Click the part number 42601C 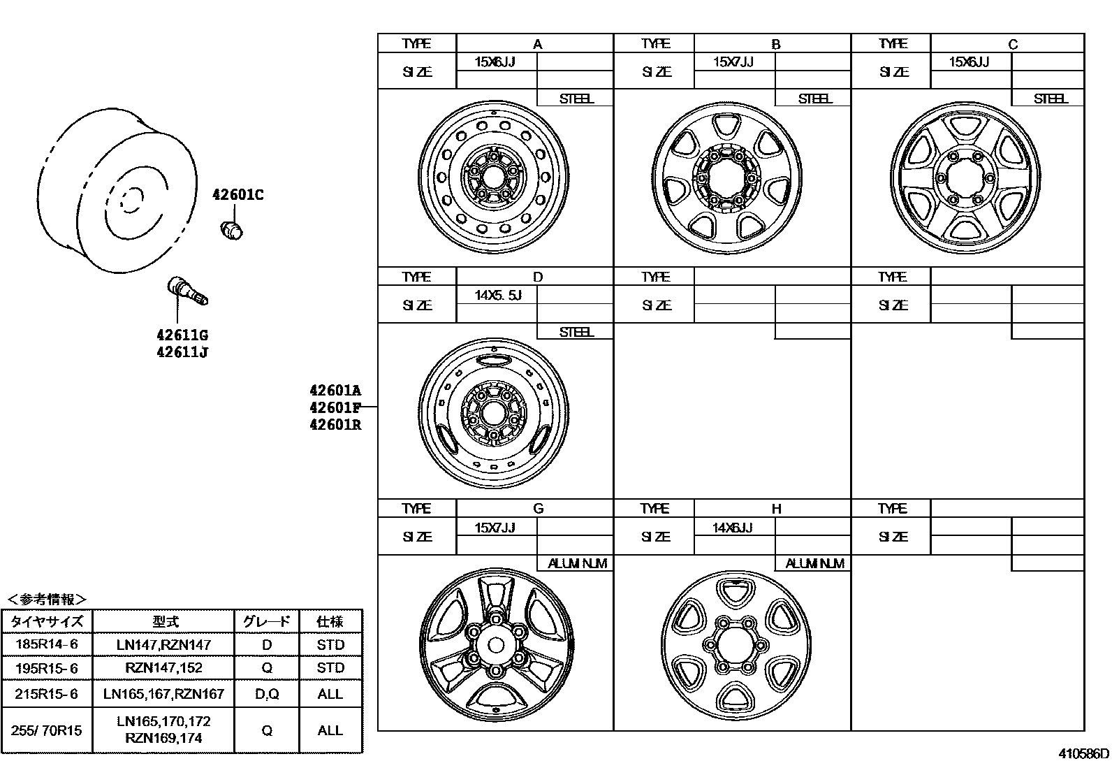(237, 195)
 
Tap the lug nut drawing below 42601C (231, 230)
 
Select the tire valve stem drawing (188, 291)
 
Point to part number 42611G (182, 335)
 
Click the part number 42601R (335, 425)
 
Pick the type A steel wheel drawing (493, 177)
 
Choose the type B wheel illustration (726, 177)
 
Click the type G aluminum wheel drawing (497, 645)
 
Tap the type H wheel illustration (736, 646)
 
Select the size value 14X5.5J (498, 296)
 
